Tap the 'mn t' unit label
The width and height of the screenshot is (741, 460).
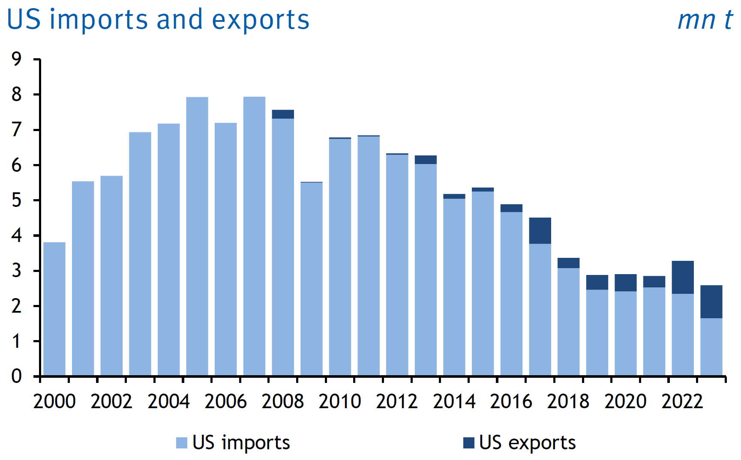(705, 20)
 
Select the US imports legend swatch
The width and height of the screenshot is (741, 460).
(182, 443)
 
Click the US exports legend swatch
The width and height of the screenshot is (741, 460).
(469, 443)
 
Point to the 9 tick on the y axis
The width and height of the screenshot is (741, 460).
(17, 59)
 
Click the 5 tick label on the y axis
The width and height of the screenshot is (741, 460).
(17, 200)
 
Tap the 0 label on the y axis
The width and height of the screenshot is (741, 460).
(17, 376)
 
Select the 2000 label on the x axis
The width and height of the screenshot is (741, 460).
(54, 401)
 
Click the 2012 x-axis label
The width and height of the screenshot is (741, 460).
(397, 401)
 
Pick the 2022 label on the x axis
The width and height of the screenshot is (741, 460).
(682, 401)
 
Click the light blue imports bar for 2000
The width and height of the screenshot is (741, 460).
(54, 308)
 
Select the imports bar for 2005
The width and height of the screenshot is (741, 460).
(197, 236)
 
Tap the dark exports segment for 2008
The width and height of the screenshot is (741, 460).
(283, 114)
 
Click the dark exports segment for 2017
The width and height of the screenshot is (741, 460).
(540, 231)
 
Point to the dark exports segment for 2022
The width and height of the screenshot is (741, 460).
(683, 277)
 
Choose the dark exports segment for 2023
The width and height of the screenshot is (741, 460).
(711, 302)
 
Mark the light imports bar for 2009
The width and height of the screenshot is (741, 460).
(312, 278)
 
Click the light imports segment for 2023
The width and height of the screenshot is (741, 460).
(711, 347)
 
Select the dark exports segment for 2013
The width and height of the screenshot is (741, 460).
(426, 160)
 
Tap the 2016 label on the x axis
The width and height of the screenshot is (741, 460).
(511, 401)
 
